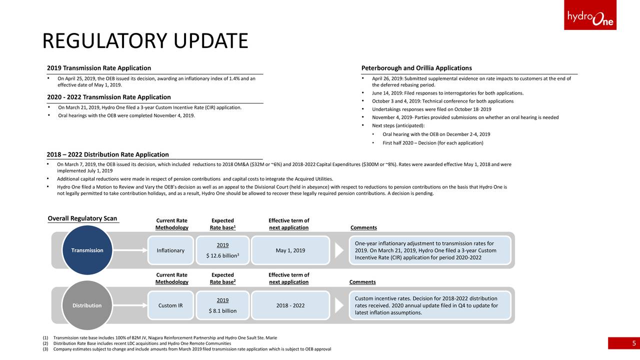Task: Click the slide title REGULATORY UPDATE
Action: [145, 41]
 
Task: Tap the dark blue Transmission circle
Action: [87, 250]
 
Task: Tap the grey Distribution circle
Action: [87, 305]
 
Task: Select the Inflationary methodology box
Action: [170, 250]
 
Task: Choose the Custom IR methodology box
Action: [170, 305]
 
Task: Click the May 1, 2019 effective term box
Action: [290, 250]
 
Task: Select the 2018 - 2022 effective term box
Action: [290, 305]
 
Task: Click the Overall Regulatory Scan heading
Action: [82, 218]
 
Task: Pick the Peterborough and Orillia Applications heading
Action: [416, 68]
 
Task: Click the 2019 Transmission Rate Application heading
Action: [99, 68]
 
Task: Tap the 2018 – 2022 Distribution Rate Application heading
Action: [108, 154]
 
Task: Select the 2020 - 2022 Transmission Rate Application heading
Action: [109, 97]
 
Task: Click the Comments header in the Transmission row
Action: [364, 227]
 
